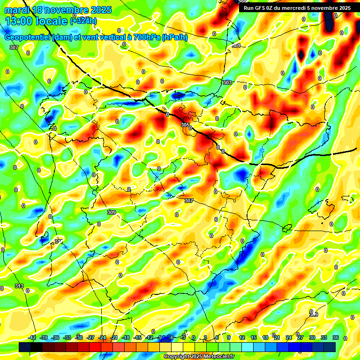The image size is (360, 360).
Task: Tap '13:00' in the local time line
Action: point(19,21)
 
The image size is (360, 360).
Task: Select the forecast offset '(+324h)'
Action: point(83,21)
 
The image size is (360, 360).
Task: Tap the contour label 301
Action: point(236,46)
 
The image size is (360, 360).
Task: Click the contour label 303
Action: point(227,82)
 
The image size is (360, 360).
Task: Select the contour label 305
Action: point(185,125)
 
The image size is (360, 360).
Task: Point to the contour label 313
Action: point(19,286)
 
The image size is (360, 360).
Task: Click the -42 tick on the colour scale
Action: point(32,337)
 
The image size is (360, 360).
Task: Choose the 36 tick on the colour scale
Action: point(335,337)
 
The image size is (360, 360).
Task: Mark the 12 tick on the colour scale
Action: point(242,337)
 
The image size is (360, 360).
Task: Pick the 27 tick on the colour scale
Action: point(300,337)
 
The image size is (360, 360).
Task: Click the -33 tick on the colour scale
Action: point(67,337)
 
